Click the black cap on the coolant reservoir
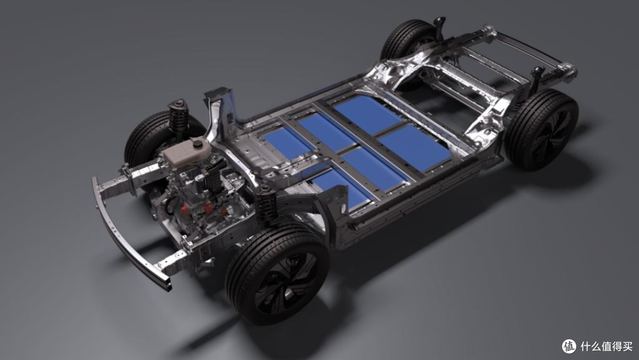tap(198, 143)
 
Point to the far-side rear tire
tap(409, 41)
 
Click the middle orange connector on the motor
tap(209, 208)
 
